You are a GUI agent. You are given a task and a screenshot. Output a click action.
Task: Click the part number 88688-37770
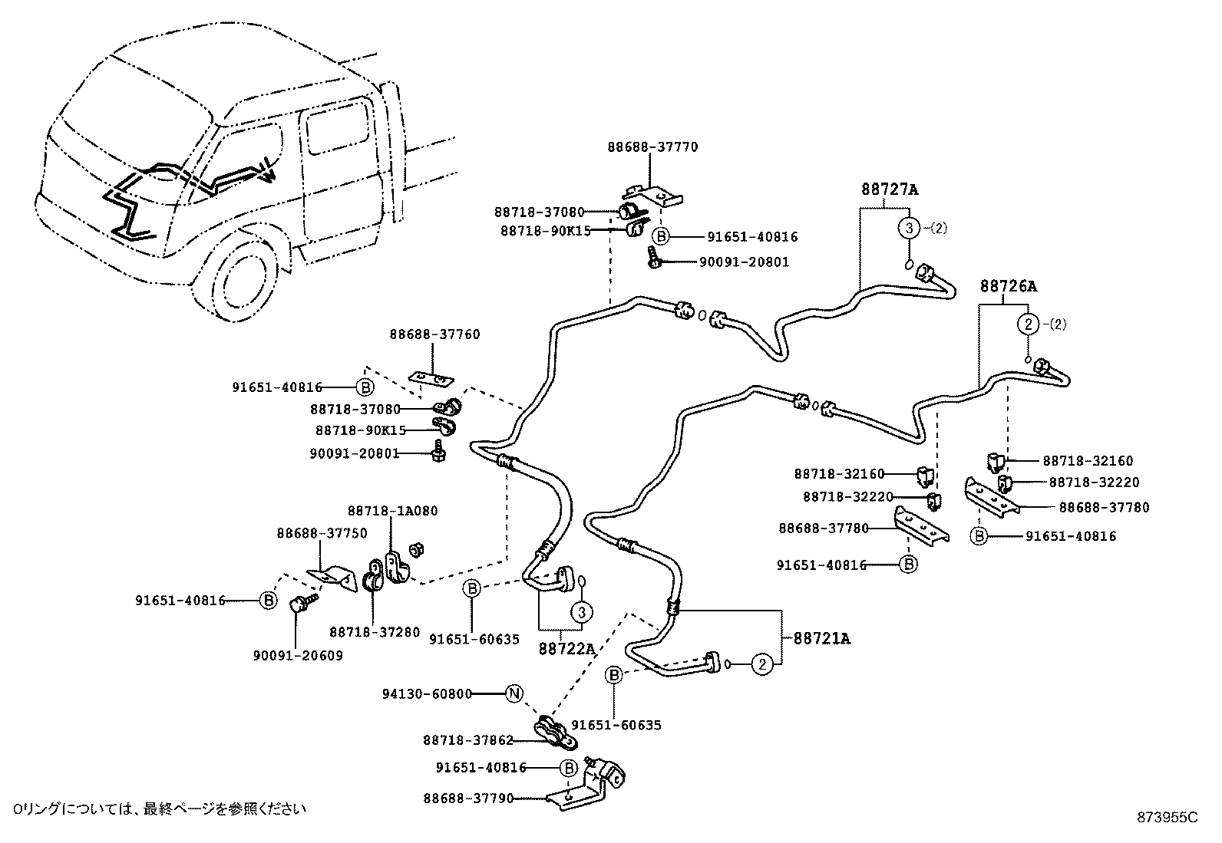point(652,147)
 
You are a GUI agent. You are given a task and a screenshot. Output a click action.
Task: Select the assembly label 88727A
point(889,189)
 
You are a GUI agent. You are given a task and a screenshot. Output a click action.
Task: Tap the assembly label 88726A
point(1008,286)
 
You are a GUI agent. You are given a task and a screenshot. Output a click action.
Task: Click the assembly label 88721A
point(821,638)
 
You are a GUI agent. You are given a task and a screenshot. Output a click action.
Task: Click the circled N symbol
point(514,693)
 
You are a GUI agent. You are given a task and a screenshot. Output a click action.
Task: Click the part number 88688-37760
point(434,334)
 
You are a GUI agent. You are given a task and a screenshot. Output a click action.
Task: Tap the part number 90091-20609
point(298,655)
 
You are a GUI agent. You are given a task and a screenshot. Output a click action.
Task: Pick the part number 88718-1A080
point(392,511)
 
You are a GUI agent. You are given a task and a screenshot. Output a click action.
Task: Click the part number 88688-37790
point(467,799)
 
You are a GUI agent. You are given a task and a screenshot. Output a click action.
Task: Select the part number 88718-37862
point(467,740)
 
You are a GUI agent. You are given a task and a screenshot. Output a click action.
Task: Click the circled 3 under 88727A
point(909,228)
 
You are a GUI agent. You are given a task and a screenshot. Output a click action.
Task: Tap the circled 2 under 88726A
point(1028,324)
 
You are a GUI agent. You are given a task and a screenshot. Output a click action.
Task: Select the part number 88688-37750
point(322,533)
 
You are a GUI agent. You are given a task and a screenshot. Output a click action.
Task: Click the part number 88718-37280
point(375,632)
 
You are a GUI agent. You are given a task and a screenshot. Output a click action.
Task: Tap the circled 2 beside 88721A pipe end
point(761,664)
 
